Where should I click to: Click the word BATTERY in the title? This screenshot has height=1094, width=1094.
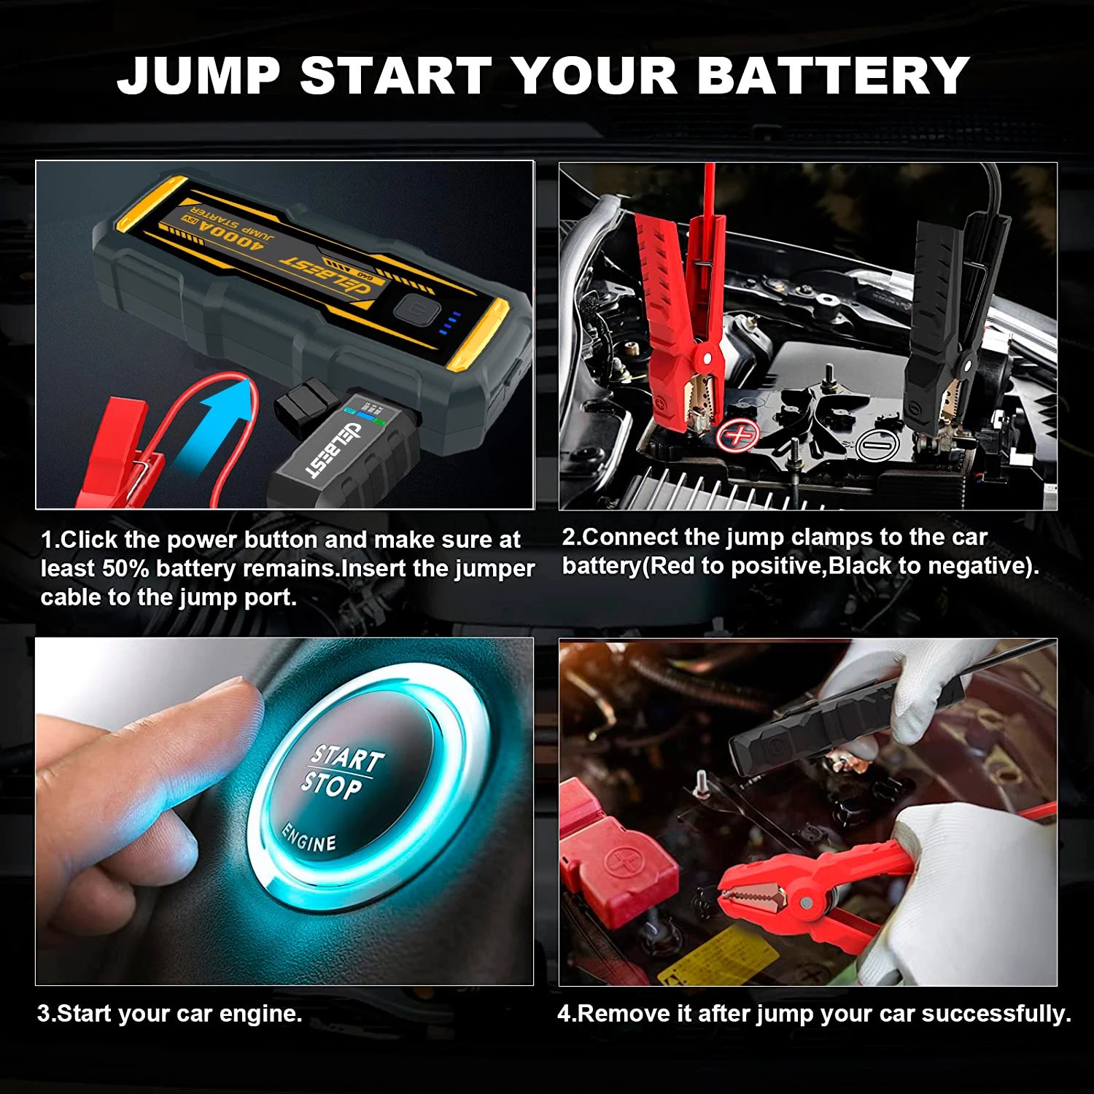click(833, 76)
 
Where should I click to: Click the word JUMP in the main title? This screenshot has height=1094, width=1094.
click(198, 76)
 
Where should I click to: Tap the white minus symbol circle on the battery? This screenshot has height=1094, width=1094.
click(877, 444)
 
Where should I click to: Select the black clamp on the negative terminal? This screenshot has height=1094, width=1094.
click(948, 314)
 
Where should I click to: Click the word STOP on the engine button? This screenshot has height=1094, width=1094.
click(332, 785)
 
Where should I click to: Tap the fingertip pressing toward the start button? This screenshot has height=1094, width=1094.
click(233, 700)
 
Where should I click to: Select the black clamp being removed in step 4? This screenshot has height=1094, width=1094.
click(817, 722)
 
